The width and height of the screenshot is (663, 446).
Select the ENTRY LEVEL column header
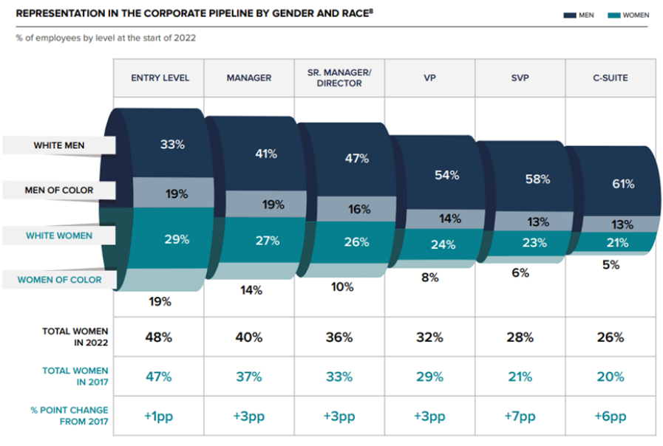(x=160, y=78)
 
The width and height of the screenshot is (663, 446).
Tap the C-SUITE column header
(x=611, y=78)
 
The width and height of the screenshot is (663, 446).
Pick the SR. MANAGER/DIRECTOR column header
(x=339, y=78)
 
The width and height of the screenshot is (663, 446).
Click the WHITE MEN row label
(x=59, y=145)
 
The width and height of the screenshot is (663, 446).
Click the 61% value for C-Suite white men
(x=622, y=184)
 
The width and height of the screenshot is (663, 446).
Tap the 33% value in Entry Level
(x=172, y=145)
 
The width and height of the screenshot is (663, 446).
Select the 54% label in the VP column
(x=447, y=175)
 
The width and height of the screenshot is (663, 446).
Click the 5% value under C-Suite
(x=611, y=265)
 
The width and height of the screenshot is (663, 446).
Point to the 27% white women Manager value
(x=268, y=241)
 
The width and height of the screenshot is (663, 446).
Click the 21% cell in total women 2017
(x=520, y=377)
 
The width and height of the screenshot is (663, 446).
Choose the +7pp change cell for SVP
(x=520, y=416)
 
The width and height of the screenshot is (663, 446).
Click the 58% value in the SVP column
(x=537, y=179)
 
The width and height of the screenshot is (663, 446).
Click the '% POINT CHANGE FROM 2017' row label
(x=69, y=416)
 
